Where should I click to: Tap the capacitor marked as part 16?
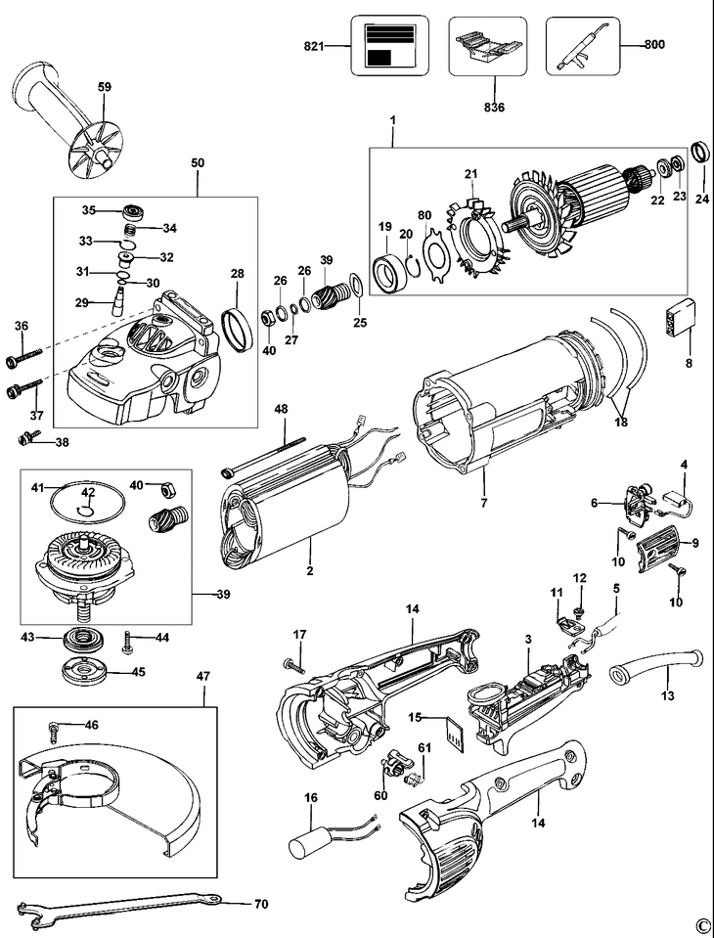point(311,841)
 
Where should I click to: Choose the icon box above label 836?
point(487,46)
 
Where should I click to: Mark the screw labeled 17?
point(293,664)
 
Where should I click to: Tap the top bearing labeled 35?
point(127,210)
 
